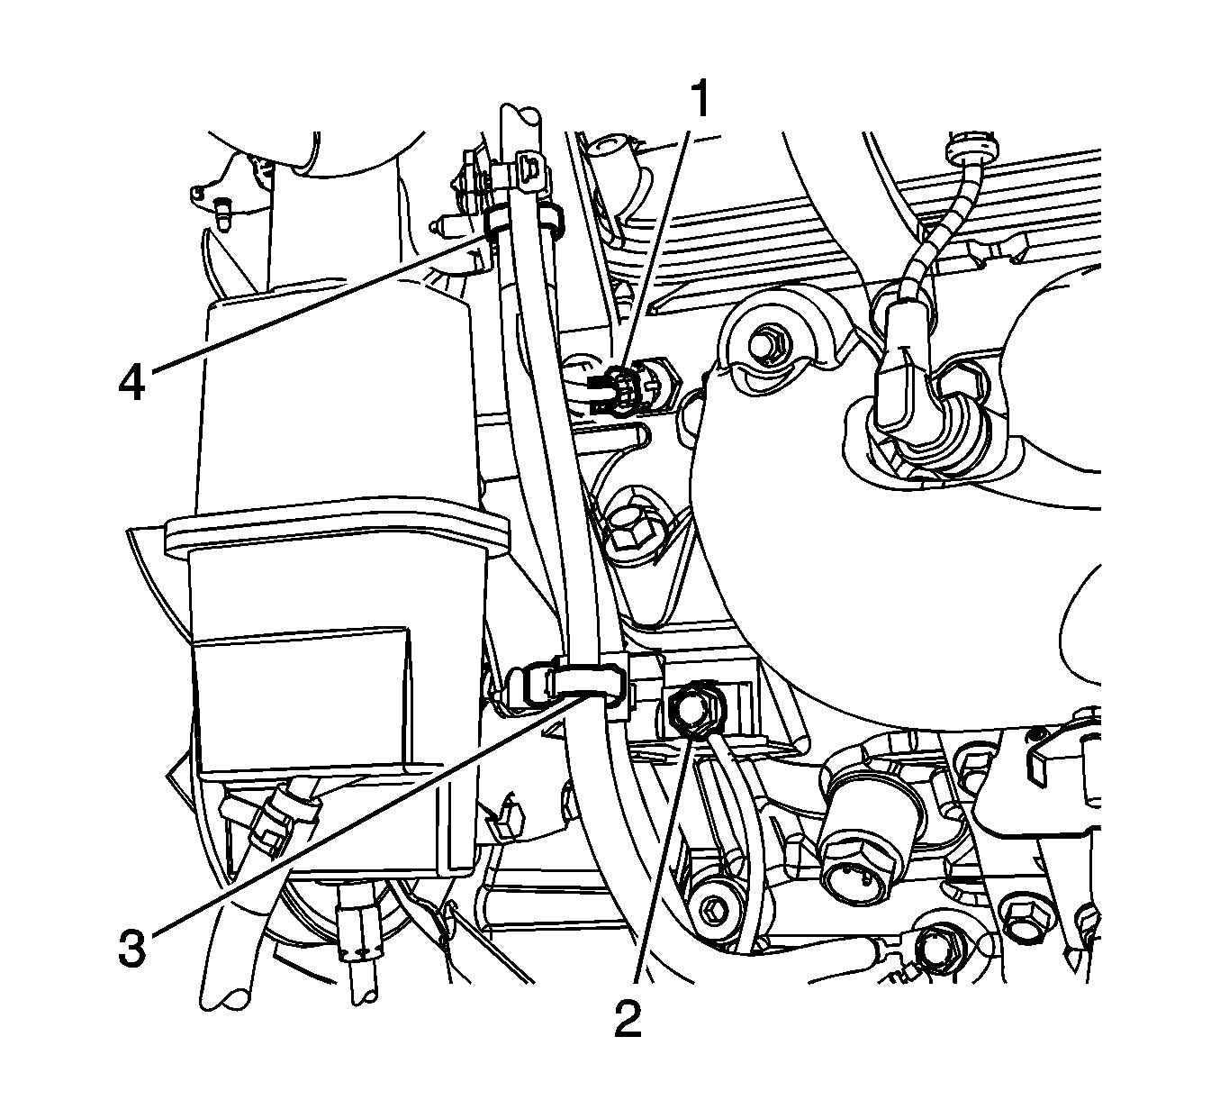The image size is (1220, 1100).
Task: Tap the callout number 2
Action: coord(628,1018)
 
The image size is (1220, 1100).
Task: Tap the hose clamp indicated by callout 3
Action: coord(585,678)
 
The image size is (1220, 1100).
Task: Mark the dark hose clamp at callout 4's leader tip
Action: coord(498,222)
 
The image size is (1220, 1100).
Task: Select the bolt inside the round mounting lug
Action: coord(768,341)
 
